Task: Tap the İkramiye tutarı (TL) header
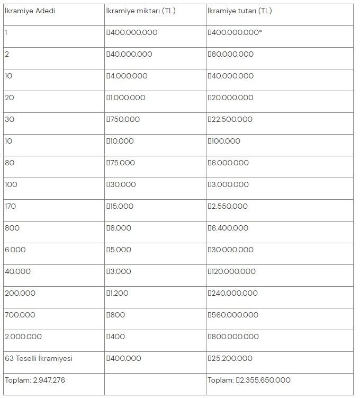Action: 240,11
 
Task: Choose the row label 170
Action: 11,206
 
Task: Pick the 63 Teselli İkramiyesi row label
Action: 39,358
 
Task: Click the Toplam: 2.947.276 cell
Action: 35,380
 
